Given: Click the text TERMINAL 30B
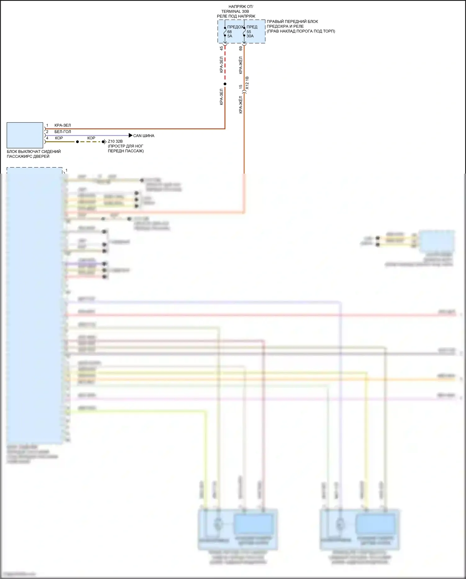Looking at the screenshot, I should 235,12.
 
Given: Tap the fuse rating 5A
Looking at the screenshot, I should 230,36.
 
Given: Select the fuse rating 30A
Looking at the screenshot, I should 250,36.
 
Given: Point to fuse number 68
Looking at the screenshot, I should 230,32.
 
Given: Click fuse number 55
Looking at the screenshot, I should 249,32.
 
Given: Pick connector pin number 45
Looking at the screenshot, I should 221,49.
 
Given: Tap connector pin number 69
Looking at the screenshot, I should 240,49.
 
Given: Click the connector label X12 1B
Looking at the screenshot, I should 247,83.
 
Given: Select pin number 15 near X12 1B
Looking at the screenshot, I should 240,87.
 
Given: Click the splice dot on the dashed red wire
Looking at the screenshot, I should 225,84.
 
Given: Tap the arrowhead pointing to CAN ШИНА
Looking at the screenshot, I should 130,135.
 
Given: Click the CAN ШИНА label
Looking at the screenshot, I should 144,136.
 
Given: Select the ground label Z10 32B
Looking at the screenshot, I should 115,141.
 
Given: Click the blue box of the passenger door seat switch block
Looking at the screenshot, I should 25,135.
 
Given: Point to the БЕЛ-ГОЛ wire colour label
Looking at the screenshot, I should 63,132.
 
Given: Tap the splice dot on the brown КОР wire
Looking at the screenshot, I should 77,142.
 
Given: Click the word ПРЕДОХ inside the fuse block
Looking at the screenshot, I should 235,27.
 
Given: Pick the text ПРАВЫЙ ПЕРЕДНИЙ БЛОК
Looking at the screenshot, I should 292,21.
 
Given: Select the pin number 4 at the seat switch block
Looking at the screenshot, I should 47,138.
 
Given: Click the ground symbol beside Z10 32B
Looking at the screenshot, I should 105,142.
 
